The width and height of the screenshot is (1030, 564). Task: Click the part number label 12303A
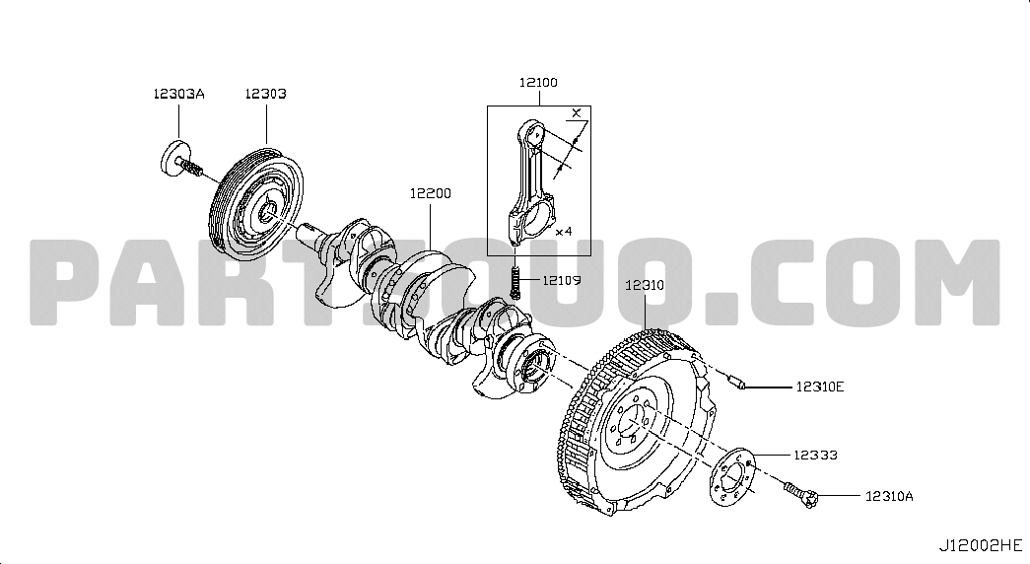click(x=178, y=94)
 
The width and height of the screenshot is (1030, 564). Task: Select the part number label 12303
click(x=265, y=94)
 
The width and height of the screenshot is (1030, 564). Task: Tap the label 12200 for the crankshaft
click(x=431, y=193)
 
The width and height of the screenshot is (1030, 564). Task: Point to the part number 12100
click(x=538, y=82)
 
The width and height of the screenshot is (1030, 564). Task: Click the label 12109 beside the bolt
click(x=561, y=281)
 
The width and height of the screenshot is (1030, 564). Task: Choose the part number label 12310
click(x=645, y=285)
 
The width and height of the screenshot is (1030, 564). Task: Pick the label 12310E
click(x=820, y=387)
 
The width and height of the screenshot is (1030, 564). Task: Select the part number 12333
click(x=815, y=455)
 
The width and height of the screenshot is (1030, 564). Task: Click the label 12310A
click(x=889, y=496)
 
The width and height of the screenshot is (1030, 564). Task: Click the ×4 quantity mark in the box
click(x=564, y=232)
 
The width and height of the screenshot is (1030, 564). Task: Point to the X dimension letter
click(x=576, y=112)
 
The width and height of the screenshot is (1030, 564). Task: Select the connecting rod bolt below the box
click(x=515, y=283)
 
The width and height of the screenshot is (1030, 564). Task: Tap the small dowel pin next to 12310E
click(x=735, y=382)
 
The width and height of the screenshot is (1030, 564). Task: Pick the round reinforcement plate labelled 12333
click(x=733, y=477)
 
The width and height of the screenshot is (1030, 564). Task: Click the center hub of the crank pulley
click(x=267, y=213)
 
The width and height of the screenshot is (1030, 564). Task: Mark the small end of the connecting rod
click(x=534, y=135)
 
